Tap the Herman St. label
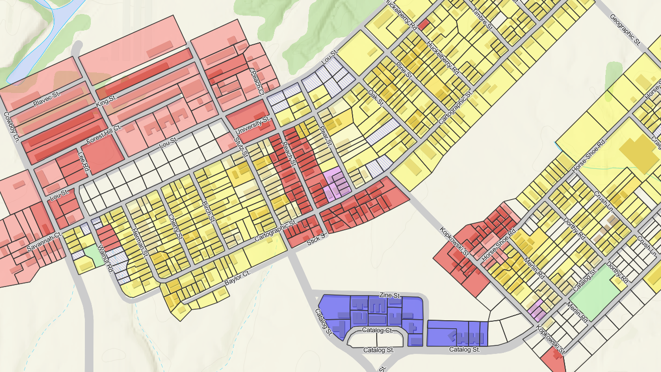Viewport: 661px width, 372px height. (x=138, y=237)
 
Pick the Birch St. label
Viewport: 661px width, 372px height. (x=208, y=213)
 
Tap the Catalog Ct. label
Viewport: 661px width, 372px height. (x=377, y=331)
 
